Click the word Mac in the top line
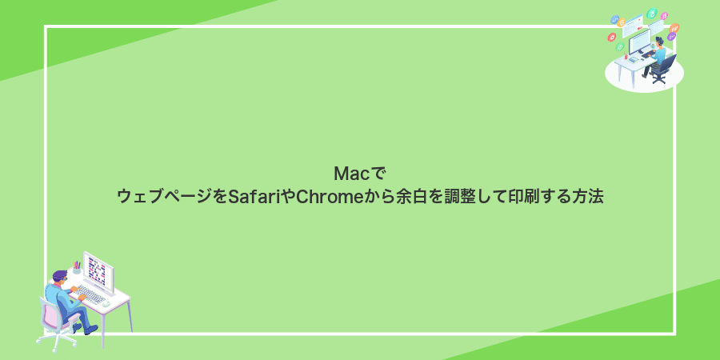click(347, 173)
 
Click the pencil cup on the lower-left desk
click(77, 269)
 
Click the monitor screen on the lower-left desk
click(98, 270)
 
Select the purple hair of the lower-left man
click(60, 275)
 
